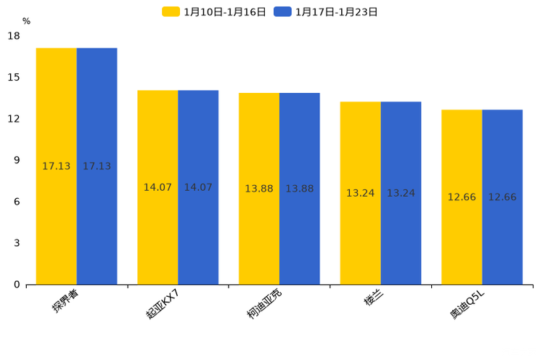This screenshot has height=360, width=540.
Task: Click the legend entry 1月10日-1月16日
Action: (x=214, y=12)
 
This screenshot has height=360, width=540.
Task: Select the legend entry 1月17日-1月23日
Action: (x=326, y=12)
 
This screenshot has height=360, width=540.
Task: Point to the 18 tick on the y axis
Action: (x=14, y=36)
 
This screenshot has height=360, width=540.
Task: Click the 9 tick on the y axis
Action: (x=17, y=160)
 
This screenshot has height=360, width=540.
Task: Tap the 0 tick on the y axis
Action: (x=17, y=285)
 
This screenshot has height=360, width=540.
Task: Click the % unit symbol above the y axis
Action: (x=26, y=21)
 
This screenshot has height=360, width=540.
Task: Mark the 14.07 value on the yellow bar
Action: (x=157, y=187)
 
